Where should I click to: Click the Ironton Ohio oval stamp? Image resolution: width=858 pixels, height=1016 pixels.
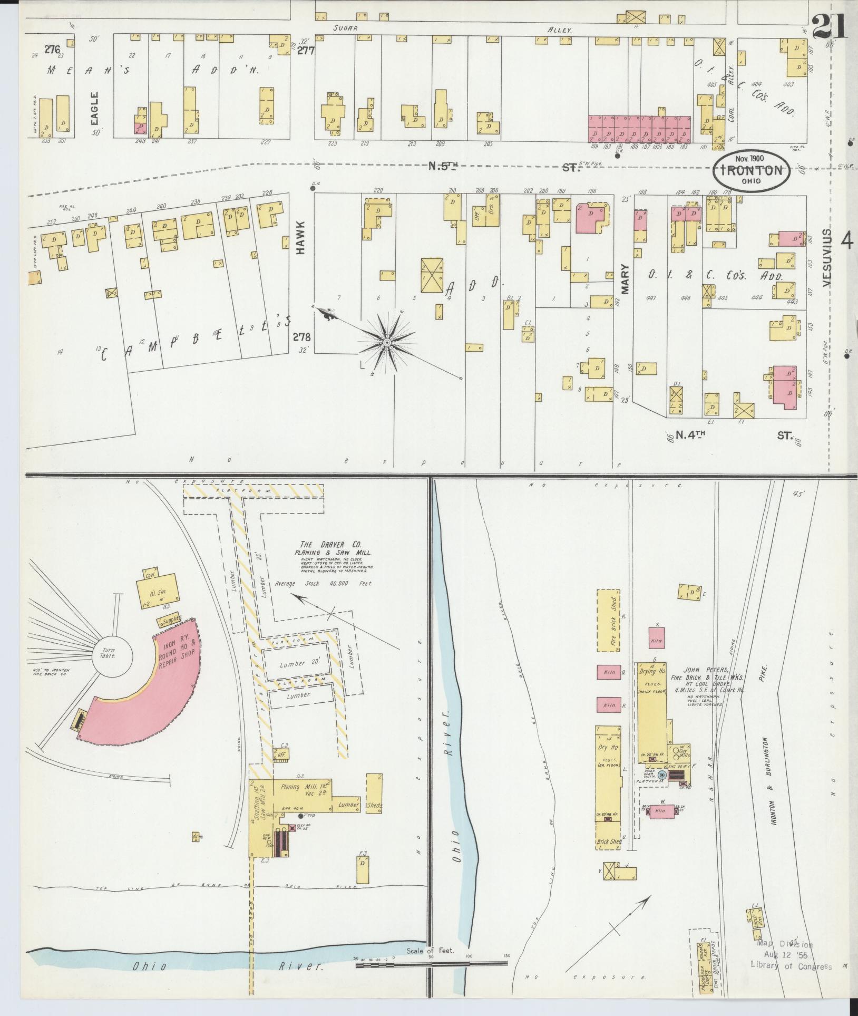pos(750,170)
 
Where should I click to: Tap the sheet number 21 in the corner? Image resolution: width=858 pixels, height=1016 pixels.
pos(829,26)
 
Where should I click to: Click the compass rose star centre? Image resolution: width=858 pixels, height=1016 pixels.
pos(387,343)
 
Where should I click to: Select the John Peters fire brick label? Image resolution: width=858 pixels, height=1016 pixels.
pos(700,676)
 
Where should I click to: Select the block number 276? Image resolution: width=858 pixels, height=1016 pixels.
pos(52,50)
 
